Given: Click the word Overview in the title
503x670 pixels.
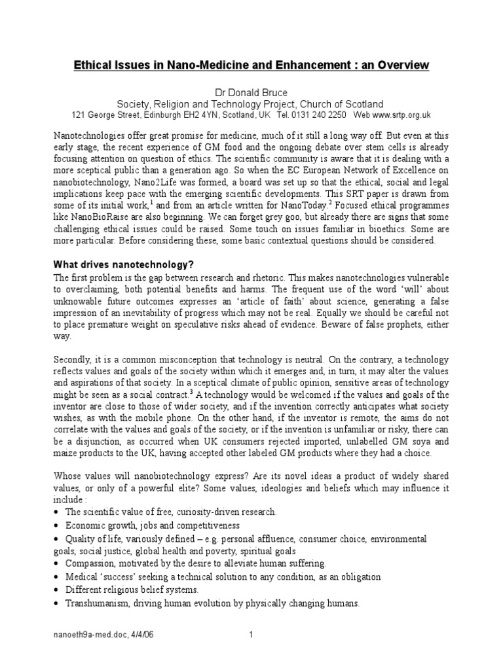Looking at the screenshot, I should [401, 65].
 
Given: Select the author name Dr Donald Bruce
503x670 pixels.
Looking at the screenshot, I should [251, 92].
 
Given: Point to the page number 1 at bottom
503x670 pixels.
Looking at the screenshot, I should [251, 652].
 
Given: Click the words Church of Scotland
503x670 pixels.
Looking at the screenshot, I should [341, 104].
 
